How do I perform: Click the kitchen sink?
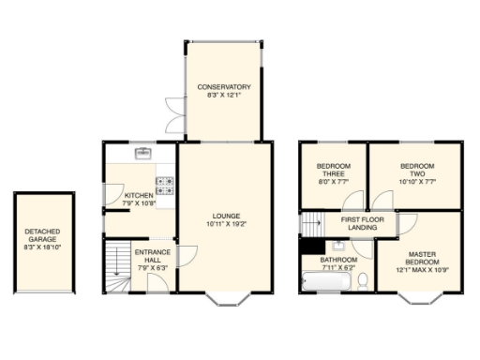[x=143, y=152]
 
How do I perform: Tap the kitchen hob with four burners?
[x=165, y=183]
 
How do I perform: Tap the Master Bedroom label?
[x=420, y=258]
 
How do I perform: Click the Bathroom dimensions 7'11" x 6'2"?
[x=338, y=266]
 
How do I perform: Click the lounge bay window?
[x=225, y=299]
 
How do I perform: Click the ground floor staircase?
[x=117, y=267]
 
